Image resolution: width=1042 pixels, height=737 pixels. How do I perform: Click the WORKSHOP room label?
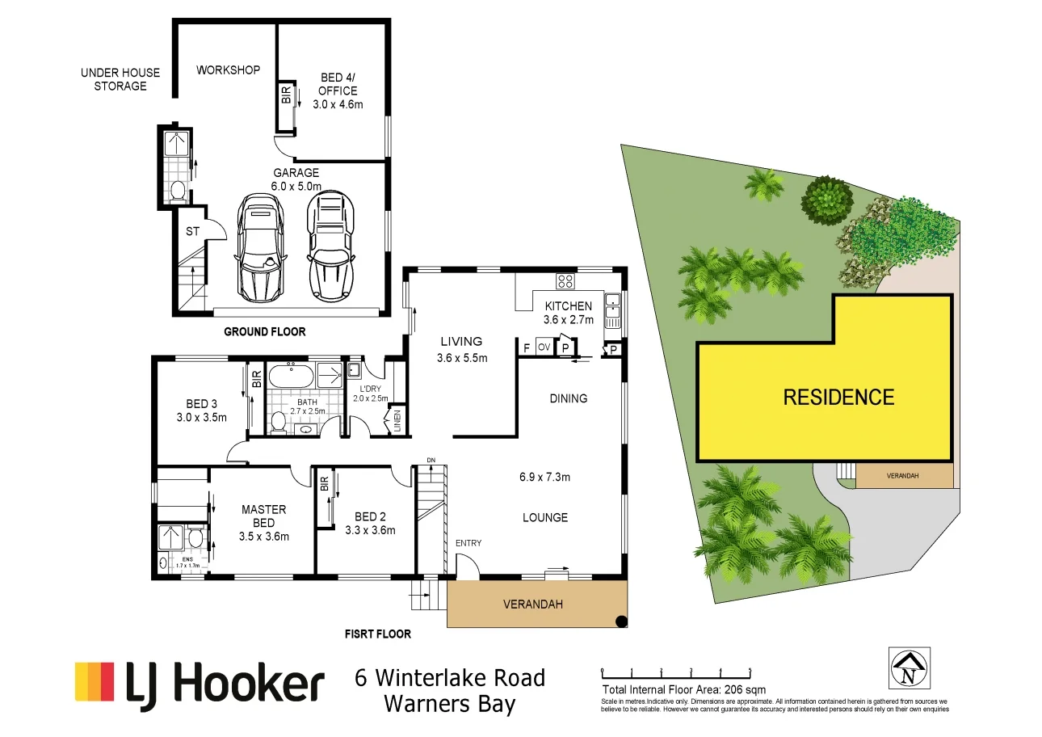tap(228, 70)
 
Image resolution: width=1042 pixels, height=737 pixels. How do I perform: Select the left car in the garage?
tap(260, 248)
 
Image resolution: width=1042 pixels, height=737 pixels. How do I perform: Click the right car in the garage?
tap(330, 245)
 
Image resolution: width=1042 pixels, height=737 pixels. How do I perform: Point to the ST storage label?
tap(192, 232)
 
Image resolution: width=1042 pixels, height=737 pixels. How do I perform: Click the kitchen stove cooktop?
tap(565, 281)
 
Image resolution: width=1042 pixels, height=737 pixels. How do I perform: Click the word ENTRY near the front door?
tap(468, 543)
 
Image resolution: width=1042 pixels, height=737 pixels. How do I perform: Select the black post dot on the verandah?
tap(620, 621)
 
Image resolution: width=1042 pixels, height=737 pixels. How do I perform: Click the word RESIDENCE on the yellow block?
tap(838, 397)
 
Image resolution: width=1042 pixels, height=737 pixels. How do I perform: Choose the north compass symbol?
tap(910, 668)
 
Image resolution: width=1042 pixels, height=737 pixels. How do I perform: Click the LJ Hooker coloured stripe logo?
tap(95, 681)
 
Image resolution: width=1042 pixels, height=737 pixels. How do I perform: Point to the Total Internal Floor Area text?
tap(683, 690)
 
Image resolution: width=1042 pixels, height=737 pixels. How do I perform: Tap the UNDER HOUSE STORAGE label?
tap(120, 79)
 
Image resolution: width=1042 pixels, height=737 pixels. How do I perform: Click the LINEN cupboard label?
tap(396, 421)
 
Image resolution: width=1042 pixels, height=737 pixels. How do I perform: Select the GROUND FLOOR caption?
tap(265, 332)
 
